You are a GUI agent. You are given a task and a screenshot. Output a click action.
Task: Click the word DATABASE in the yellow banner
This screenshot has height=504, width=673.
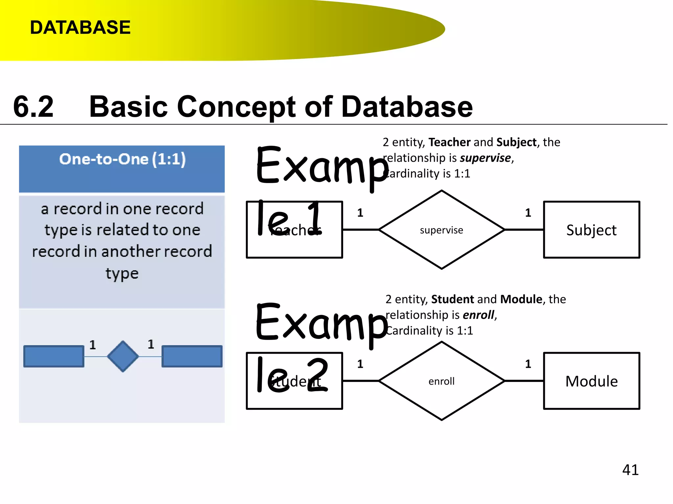pyautogui.click(x=80, y=27)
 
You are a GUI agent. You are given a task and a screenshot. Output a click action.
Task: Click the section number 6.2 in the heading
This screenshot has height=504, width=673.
pyautogui.click(x=33, y=107)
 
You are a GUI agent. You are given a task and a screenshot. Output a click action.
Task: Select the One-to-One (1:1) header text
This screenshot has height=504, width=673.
pyautogui.click(x=122, y=159)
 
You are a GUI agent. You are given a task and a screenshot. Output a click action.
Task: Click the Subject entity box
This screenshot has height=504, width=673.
pyautogui.click(x=591, y=230)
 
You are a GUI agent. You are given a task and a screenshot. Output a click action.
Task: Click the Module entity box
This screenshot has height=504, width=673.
pyautogui.click(x=591, y=381)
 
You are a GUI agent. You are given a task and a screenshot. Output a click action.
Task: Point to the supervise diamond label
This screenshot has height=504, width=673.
pyautogui.click(x=441, y=230)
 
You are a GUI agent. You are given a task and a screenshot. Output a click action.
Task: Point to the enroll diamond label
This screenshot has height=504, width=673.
pyautogui.click(x=441, y=381)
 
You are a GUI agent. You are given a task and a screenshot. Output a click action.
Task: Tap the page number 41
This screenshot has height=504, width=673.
pyautogui.click(x=630, y=470)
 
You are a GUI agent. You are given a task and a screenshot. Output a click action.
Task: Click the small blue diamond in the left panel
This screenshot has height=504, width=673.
pyautogui.click(x=123, y=356)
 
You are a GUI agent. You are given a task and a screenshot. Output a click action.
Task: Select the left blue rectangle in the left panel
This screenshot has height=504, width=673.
pyautogui.click(x=54, y=356)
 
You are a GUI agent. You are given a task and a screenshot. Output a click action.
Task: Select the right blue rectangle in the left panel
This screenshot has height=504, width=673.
pyautogui.click(x=192, y=356)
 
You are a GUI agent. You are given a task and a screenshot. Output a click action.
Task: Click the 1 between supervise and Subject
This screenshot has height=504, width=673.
pyautogui.click(x=528, y=213)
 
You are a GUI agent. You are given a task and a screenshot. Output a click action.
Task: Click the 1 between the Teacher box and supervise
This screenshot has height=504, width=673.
pyautogui.click(x=360, y=213)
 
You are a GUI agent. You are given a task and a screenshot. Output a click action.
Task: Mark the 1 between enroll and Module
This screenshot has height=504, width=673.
pyautogui.click(x=528, y=364)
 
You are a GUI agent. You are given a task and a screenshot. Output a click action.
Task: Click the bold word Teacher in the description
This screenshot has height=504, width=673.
pyautogui.click(x=450, y=142)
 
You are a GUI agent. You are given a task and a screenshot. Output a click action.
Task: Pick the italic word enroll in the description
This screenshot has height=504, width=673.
pyautogui.click(x=478, y=315)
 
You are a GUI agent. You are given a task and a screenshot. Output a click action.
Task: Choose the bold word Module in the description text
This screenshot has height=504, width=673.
pyautogui.click(x=521, y=299)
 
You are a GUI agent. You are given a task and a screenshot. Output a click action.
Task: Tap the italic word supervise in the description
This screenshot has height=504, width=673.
pyautogui.click(x=485, y=158)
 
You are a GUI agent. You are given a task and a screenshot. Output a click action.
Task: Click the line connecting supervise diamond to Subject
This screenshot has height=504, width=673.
pyautogui.click(x=524, y=230)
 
